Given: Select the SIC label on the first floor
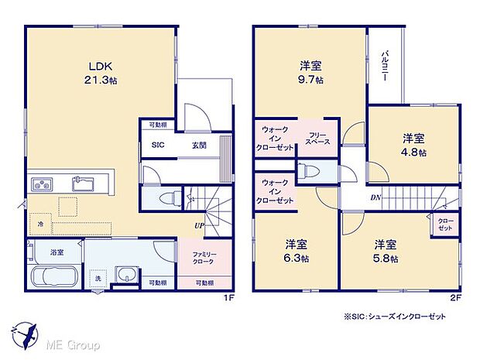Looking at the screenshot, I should (x=157, y=145).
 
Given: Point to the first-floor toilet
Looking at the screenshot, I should (x=164, y=198).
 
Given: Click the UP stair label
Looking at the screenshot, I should (x=200, y=226).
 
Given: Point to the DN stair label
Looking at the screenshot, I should (x=375, y=198).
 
